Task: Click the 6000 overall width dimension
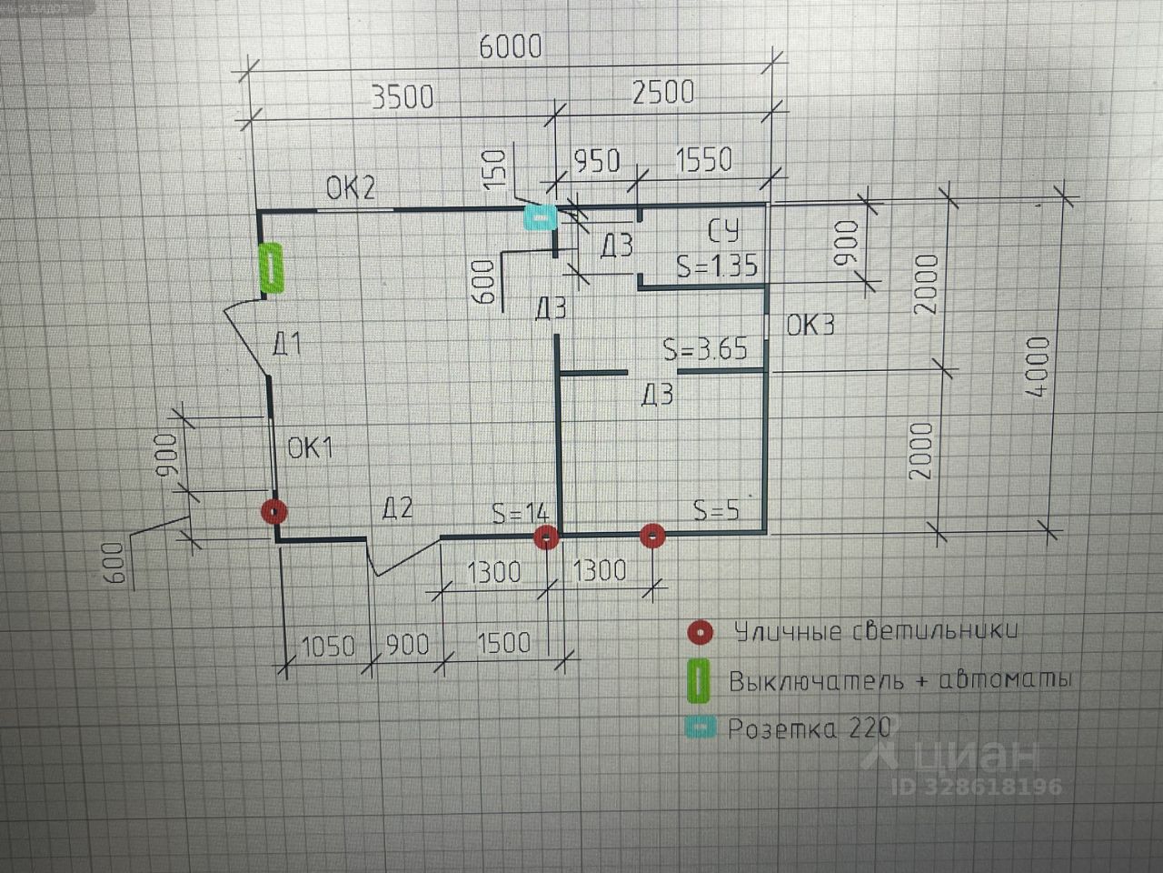[x=510, y=45]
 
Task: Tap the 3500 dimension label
[x=403, y=95]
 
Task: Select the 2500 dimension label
[x=662, y=92]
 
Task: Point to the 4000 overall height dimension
[x=1038, y=366]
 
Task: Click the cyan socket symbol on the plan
[x=538, y=217]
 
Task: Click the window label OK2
[x=351, y=189]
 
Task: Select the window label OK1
[x=311, y=447]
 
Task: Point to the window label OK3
[x=810, y=325]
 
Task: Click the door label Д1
[x=287, y=345]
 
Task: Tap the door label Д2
[x=397, y=508]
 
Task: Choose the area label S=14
[x=521, y=513]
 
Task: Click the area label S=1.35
[x=716, y=266]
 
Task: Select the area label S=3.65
[x=705, y=349]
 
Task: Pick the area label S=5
[x=716, y=510]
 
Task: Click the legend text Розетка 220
[x=809, y=729]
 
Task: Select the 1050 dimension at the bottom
[x=327, y=646]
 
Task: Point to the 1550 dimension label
[x=703, y=159]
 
